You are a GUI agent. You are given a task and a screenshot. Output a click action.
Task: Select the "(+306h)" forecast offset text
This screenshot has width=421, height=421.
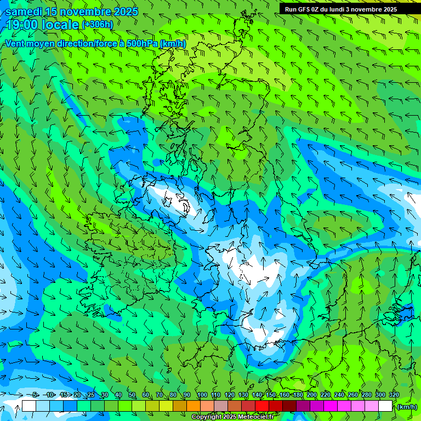click(x=97, y=25)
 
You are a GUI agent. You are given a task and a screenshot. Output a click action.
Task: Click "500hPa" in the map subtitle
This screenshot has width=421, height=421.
click(x=143, y=43)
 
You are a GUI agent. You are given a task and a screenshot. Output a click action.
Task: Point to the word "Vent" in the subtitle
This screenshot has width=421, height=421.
click(x=15, y=43)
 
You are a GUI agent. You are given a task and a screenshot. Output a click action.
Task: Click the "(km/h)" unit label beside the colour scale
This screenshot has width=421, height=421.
click(x=407, y=407)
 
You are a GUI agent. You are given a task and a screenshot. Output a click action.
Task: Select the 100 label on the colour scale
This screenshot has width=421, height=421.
click(x=202, y=395)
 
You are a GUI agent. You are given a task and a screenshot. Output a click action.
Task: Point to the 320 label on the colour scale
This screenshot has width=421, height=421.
click(x=394, y=395)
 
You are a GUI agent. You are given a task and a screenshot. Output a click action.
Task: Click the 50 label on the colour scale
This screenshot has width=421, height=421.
click(x=132, y=395)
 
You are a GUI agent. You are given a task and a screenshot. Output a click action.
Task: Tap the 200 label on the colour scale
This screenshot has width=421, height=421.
click(x=311, y=395)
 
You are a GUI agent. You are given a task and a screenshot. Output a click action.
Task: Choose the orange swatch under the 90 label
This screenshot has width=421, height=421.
click(x=193, y=406)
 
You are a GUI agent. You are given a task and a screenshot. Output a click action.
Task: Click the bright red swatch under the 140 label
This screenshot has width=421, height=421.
click(x=261, y=406)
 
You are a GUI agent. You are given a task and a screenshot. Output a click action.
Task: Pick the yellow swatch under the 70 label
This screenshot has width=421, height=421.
click(x=166, y=406)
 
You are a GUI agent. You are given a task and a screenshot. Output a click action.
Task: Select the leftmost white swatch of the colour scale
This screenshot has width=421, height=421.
click(x=29, y=406)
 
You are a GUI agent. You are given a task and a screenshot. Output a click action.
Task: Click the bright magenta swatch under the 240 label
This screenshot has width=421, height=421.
click(x=344, y=406)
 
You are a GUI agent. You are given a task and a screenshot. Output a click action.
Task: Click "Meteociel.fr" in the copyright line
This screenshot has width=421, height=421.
click(x=255, y=417)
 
